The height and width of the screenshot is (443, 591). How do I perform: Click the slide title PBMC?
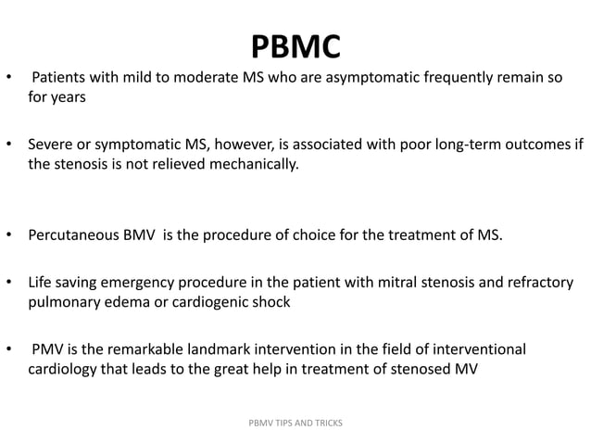point(295,45)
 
